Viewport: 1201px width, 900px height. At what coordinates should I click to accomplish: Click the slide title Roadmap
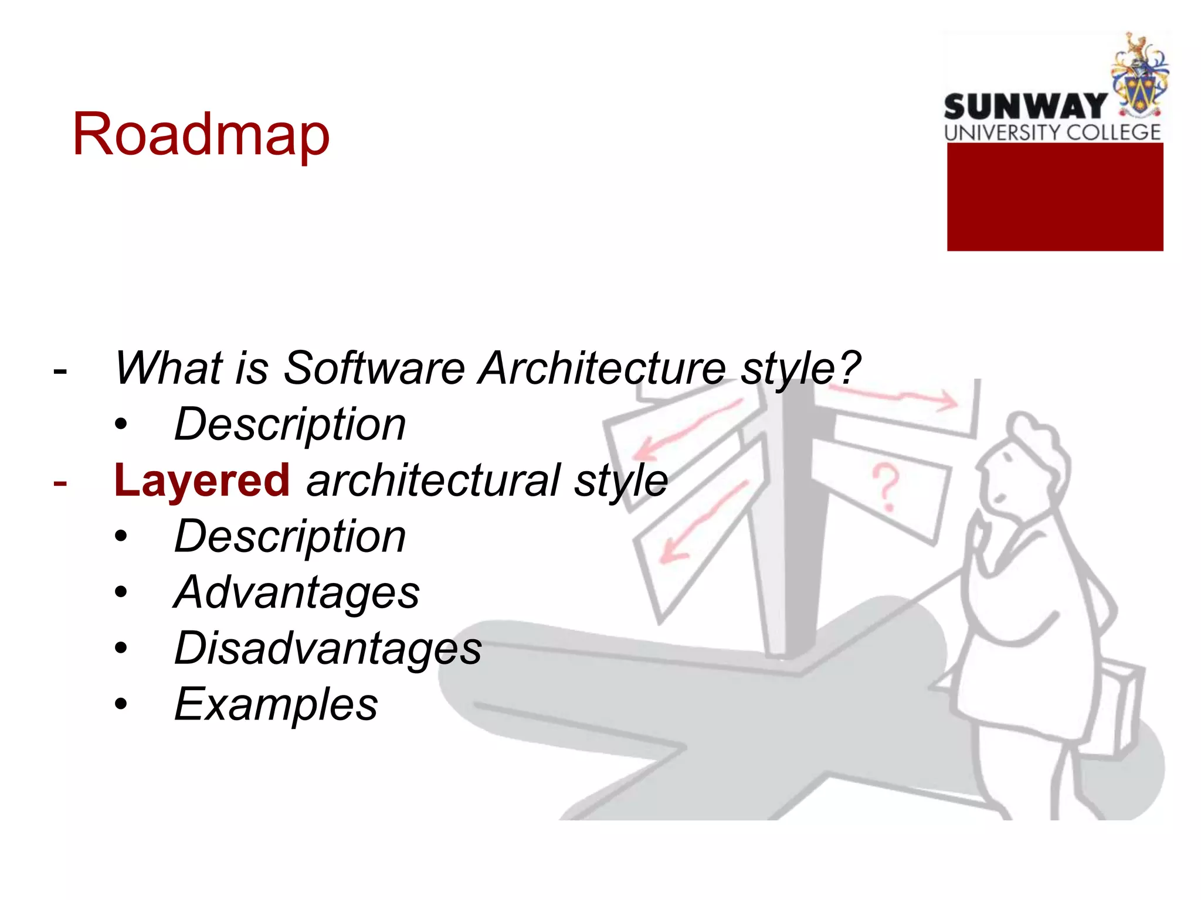pyautogui.click(x=201, y=135)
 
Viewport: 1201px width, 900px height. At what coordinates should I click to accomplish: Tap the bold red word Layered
pyautogui.click(x=202, y=480)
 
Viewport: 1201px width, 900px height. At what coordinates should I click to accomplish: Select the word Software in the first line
pyautogui.click(x=374, y=368)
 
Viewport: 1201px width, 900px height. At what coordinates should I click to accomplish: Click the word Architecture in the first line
pyautogui.click(x=602, y=368)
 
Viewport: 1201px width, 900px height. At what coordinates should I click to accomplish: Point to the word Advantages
pyautogui.click(x=297, y=592)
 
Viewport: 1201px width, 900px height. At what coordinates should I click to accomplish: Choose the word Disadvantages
pyautogui.click(x=328, y=648)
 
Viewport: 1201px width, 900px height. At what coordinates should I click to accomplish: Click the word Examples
pyautogui.click(x=276, y=704)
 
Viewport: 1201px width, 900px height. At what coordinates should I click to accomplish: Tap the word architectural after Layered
pyautogui.click(x=433, y=480)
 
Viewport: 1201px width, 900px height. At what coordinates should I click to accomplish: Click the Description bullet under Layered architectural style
pyautogui.click(x=290, y=536)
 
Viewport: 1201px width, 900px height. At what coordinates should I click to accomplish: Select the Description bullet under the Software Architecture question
pyautogui.click(x=290, y=424)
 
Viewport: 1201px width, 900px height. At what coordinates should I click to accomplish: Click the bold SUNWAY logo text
pyautogui.click(x=1024, y=107)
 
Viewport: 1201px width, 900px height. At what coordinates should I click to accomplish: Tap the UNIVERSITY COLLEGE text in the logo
pyautogui.click(x=1052, y=132)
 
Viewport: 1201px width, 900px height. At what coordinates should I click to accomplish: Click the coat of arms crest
pyautogui.click(x=1138, y=76)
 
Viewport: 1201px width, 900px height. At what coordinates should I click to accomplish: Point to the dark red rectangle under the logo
pyautogui.click(x=1054, y=197)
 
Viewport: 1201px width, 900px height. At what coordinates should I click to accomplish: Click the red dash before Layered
pyautogui.click(x=60, y=483)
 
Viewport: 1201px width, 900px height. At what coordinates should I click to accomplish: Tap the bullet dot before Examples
pyautogui.click(x=121, y=704)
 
